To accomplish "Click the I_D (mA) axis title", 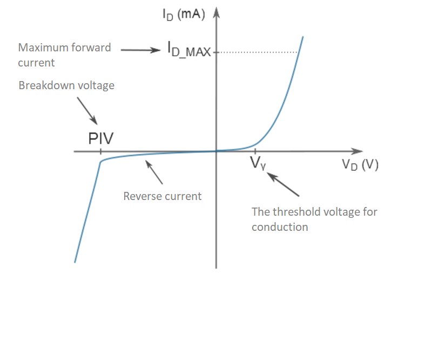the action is (184, 15).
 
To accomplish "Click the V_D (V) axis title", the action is (360, 165).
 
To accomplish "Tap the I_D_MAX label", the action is (190, 49).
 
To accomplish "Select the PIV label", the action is (101, 138).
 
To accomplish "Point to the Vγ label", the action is (258, 163).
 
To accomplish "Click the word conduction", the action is (280, 227).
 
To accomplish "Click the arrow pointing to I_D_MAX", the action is (140, 50).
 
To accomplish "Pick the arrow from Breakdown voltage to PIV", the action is (87, 111).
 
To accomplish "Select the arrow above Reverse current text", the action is (154, 172).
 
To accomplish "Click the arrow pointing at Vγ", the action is (283, 184).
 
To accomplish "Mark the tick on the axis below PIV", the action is (100, 151).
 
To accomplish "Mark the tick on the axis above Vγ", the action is (255, 151).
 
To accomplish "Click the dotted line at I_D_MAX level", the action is (258, 52).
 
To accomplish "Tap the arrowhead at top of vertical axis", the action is (217, 12).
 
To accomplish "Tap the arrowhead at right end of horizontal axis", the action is (357, 151).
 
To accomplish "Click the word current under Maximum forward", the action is (36, 63).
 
